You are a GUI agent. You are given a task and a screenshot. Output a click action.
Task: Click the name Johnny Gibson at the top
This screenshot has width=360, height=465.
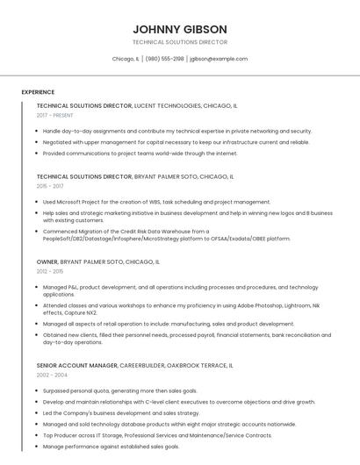(179, 29)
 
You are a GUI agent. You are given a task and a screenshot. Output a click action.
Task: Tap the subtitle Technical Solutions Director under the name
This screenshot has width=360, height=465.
(179, 42)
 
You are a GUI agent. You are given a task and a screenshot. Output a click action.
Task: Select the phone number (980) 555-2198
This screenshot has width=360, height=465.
(164, 59)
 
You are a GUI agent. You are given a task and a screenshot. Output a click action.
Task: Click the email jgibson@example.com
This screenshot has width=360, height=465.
(219, 59)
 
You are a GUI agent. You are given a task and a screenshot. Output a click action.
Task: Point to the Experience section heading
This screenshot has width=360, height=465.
(38, 92)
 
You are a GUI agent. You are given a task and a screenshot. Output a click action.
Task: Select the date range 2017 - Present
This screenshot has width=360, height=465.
(55, 115)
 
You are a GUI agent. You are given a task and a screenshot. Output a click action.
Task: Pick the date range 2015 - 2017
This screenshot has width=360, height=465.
(50, 186)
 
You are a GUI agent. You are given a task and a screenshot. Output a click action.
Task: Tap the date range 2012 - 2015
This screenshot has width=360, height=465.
(50, 271)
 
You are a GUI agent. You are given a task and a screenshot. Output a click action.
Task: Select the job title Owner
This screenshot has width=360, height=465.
(47, 261)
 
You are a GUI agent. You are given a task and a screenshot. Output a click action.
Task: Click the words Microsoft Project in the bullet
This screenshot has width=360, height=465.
(76, 202)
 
